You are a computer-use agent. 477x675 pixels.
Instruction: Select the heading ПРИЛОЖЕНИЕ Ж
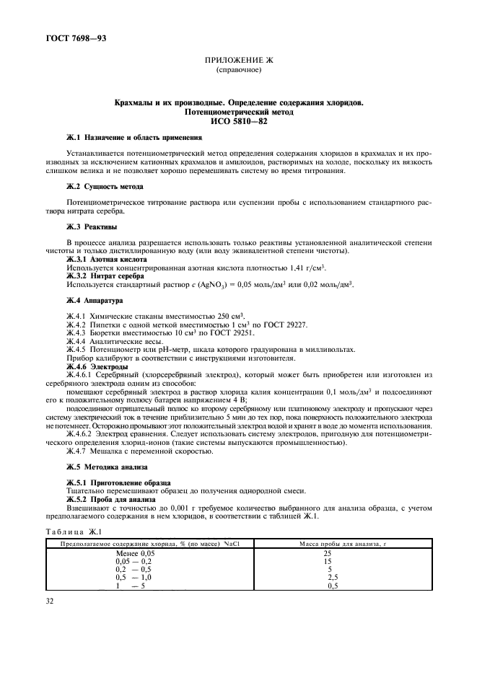coord(239,62)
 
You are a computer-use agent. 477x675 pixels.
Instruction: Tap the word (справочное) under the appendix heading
coord(239,71)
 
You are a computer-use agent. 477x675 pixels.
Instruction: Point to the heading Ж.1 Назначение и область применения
coord(134,137)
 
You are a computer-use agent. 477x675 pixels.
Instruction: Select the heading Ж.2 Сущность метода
coord(105,185)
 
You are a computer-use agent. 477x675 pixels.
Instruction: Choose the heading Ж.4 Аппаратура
coord(95,299)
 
